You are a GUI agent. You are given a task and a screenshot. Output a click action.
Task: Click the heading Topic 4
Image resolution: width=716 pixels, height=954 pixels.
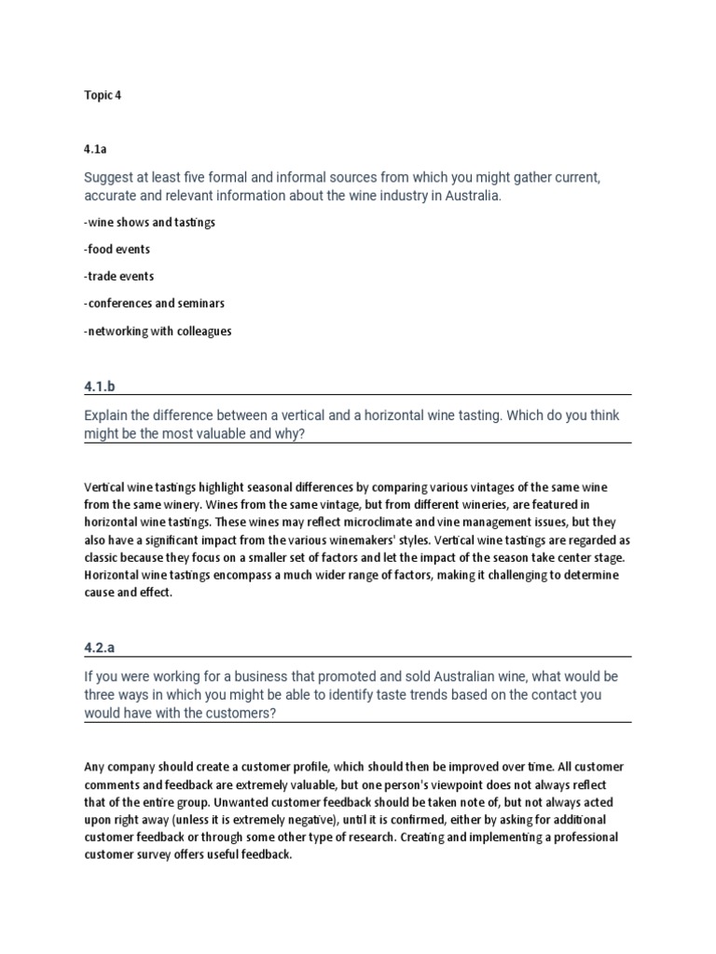coord(103,96)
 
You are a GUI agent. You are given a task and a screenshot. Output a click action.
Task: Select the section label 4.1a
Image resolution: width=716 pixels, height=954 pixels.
coord(96,145)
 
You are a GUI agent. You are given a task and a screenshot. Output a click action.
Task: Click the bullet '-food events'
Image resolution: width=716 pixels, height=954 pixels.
coord(117,250)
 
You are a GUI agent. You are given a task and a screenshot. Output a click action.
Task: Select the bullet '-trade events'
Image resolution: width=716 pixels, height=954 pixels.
coord(118,277)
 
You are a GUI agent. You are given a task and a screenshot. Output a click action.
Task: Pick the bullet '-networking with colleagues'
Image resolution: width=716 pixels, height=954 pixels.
coord(158,331)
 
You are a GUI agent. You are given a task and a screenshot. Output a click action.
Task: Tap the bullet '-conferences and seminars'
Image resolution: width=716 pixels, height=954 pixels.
coord(154,304)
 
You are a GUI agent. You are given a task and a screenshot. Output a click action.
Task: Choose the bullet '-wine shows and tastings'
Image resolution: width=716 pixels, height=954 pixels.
coord(149,223)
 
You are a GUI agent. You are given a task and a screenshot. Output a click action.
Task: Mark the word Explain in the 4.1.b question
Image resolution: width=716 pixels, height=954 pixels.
coord(108,415)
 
